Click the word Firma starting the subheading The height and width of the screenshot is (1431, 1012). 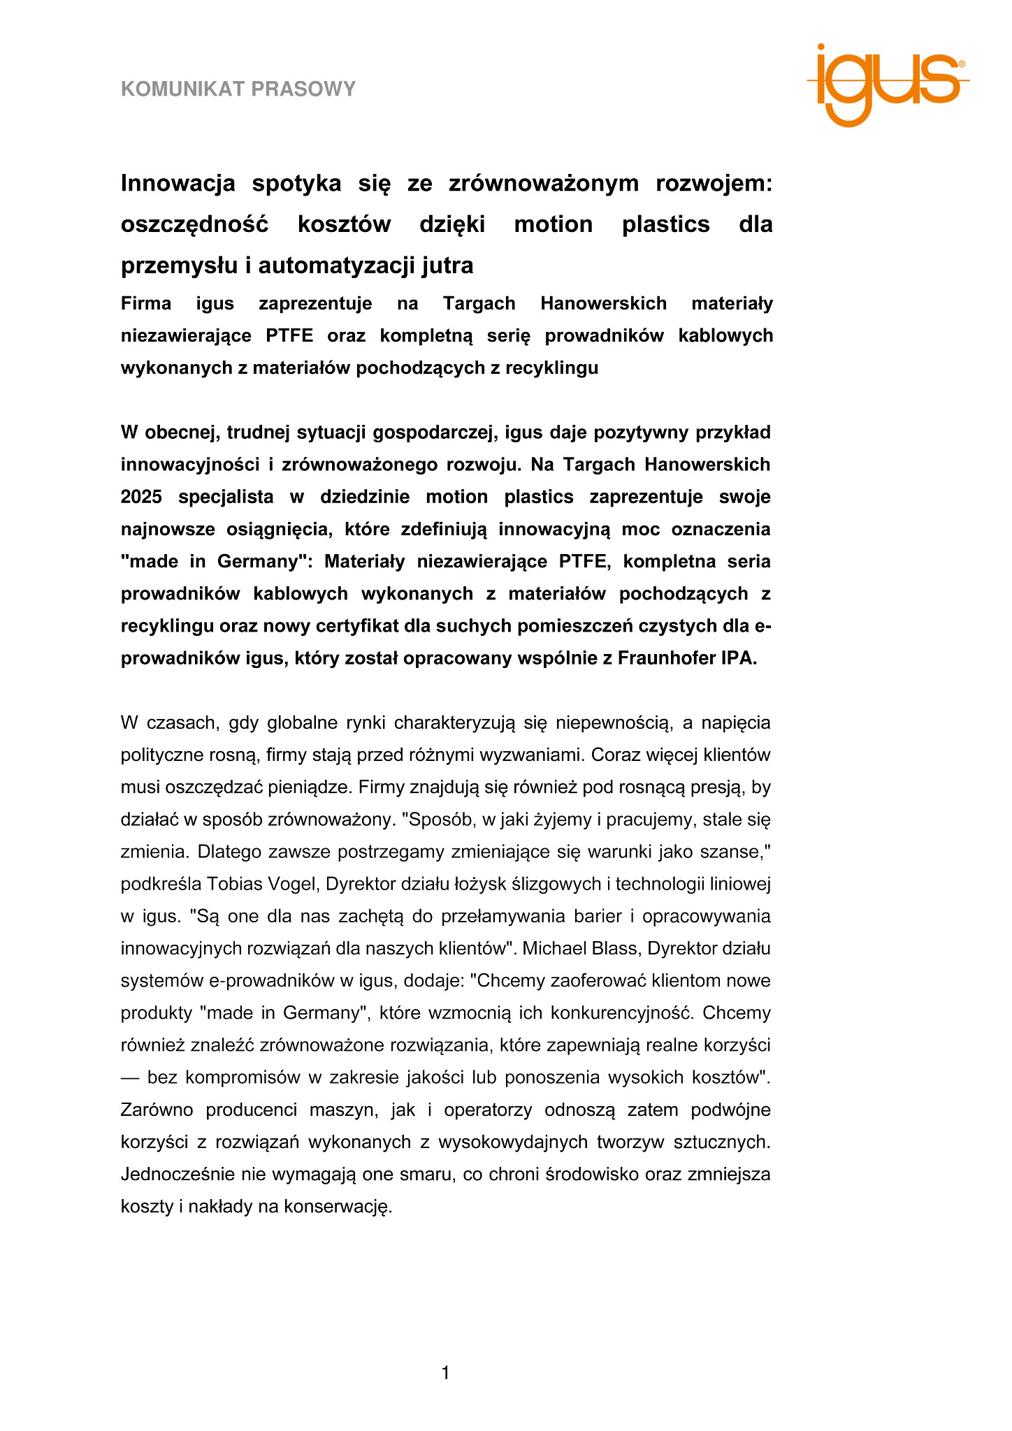click(146, 304)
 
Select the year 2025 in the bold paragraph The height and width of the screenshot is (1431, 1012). click(141, 497)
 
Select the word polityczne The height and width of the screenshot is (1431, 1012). click(160, 755)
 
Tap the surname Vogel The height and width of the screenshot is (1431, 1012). click(288, 884)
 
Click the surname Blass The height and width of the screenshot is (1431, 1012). click(613, 948)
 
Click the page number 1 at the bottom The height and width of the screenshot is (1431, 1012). click(446, 1374)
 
